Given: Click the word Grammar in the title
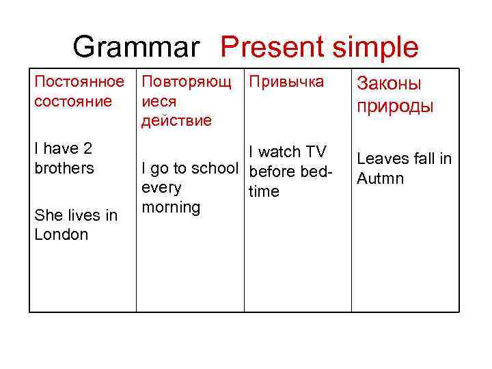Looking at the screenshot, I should [x=137, y=48].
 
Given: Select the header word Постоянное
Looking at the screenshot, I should [x=80, y=82].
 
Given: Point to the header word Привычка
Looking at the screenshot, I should [x=286, y=82].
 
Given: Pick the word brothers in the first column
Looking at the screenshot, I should [x=64, y=168].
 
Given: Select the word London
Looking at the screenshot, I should [x=61, y=234].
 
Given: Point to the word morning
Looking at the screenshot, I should [x=170, y=207].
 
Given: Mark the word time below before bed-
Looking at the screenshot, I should [x=264, y=192].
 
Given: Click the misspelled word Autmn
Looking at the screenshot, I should [x=381, y=178].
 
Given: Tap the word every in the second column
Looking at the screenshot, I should [x=161, y=188].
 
